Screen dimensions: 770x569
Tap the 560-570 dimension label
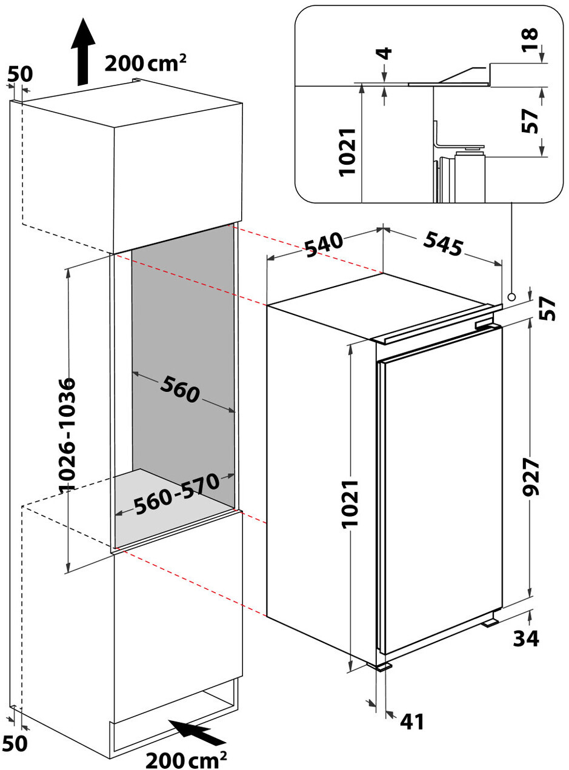point(176,494)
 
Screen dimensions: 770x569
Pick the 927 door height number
point(531,477)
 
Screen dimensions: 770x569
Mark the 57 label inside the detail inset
point(531,121)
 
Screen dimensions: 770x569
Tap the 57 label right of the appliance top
point(547,309)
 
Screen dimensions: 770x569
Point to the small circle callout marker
point(512,297)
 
